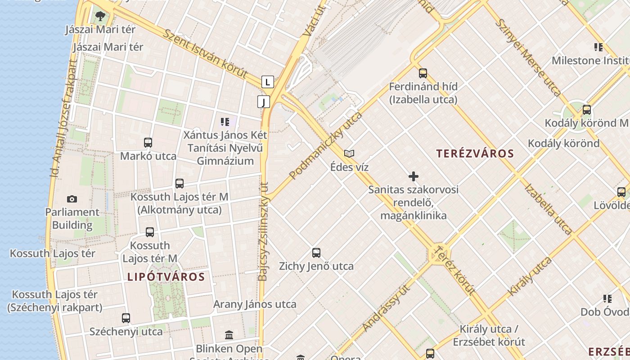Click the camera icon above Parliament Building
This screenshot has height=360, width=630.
[72, 199]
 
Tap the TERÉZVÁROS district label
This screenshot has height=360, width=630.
[475, 153]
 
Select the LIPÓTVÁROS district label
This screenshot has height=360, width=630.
[166, 277]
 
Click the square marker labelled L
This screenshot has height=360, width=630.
[268, 82]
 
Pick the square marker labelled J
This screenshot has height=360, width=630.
[264, 102]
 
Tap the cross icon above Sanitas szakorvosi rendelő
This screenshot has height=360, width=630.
[413, 176]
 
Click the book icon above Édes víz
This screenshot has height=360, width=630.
[349, 154]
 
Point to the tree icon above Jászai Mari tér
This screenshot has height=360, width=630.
[100, 17]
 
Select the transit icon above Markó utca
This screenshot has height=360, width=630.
[148, 143]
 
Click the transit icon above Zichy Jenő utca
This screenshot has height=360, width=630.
[316, 253]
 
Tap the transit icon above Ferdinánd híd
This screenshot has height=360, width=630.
[423, 73]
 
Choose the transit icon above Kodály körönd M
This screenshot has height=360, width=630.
[586, 109]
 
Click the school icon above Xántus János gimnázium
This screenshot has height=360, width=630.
[225, 121]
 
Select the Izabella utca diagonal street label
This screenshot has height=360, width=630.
[548, 210]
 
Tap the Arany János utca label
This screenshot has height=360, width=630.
[255, 304]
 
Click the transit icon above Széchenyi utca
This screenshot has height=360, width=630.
[126, 318]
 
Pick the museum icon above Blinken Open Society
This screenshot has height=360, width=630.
[229, 335]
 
